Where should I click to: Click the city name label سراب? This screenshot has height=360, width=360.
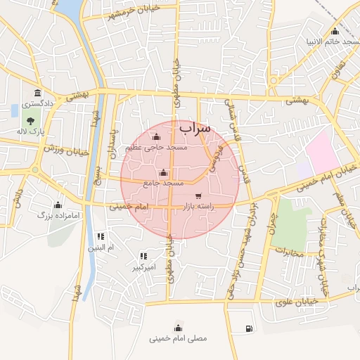195,129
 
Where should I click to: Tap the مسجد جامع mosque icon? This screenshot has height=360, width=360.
164,173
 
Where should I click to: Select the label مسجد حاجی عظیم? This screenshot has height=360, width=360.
156,148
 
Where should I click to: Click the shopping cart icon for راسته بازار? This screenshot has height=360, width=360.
198,195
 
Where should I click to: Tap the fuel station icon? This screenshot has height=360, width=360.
249,328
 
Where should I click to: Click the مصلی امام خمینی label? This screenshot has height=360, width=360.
178,338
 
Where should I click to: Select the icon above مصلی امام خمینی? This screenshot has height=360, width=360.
178,327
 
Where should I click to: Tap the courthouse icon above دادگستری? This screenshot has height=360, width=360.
37,94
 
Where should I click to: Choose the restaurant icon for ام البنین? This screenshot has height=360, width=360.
101,237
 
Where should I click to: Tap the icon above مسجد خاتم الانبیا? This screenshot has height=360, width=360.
335,31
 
